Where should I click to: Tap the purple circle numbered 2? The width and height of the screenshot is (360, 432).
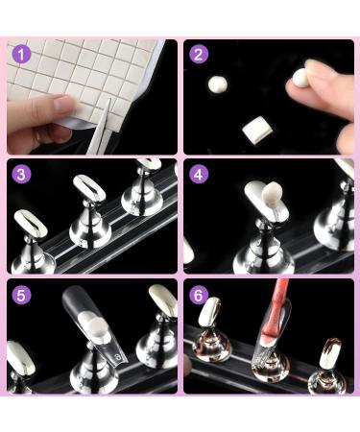199,54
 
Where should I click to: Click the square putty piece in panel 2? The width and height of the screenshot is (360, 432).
253,126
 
